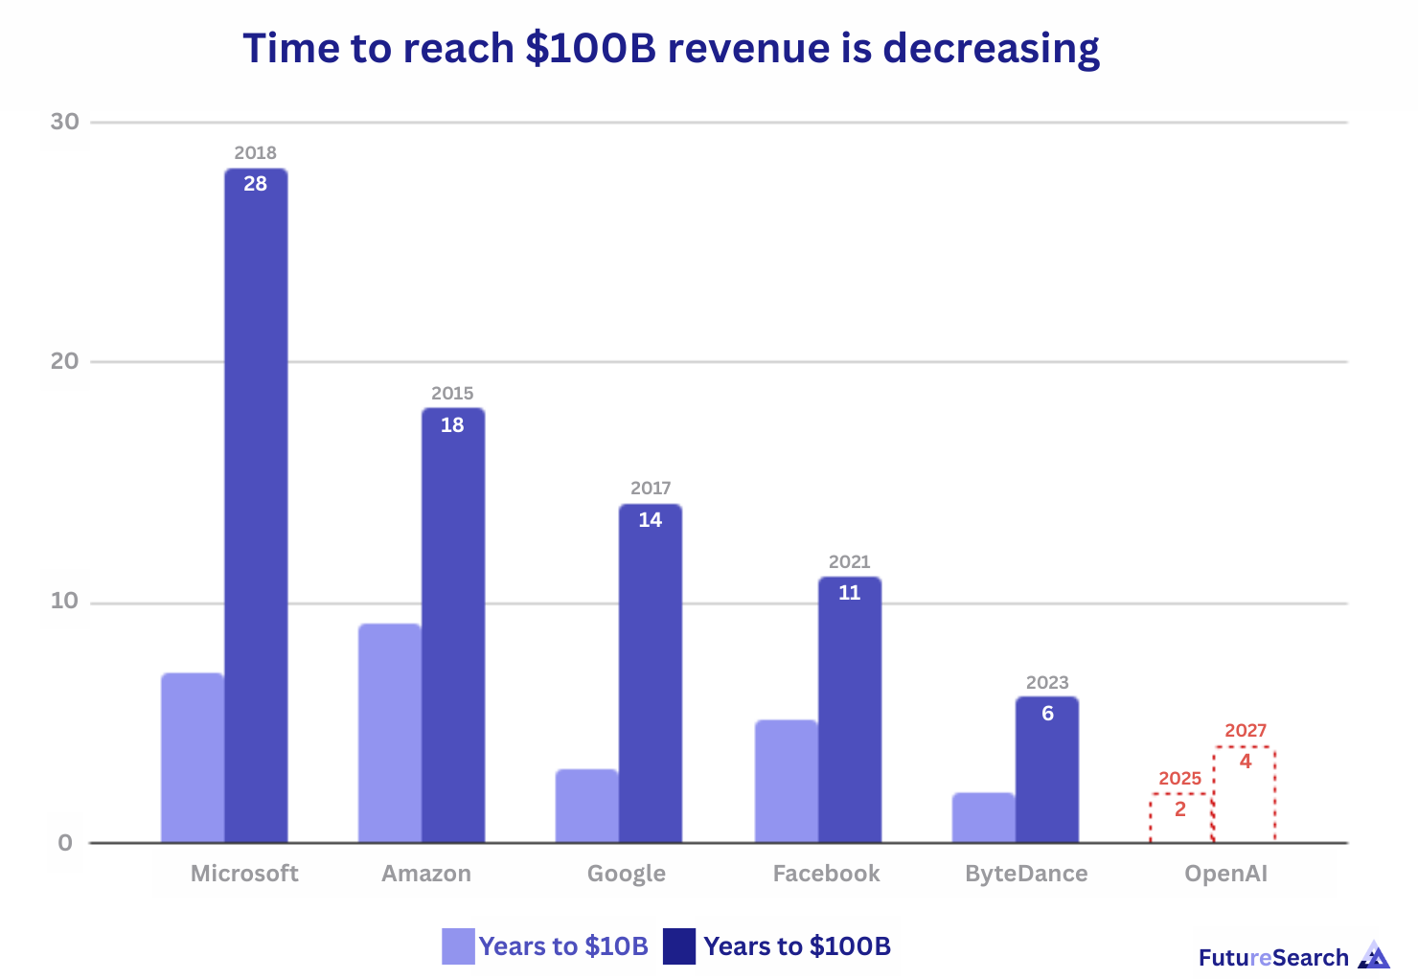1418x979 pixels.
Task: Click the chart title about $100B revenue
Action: (671, 48)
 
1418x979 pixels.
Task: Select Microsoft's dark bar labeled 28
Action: (256, 508)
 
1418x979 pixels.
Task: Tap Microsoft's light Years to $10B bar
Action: (193, 757)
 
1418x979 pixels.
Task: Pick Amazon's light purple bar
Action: (390, 733)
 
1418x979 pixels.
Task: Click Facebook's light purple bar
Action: (787, 781)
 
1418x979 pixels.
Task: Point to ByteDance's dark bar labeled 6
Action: (1047, 771)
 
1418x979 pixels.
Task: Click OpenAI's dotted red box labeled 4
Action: (1245, 795)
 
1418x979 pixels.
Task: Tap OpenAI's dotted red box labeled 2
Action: (1180, 819)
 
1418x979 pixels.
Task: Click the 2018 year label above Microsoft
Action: (255, 152)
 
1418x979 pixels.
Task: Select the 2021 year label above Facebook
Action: (849, 561)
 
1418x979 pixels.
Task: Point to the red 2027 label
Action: (1246, 731)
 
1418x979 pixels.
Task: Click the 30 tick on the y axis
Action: (65, 122)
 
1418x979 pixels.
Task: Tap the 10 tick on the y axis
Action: (65, 602)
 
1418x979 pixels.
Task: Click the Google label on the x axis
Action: (627, 874)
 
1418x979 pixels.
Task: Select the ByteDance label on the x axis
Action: (1026, 874)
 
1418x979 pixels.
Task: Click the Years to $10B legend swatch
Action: (458, 946)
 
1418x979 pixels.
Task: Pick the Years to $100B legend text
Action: (797, 946)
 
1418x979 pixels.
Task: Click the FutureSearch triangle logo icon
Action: (1374, 956)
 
